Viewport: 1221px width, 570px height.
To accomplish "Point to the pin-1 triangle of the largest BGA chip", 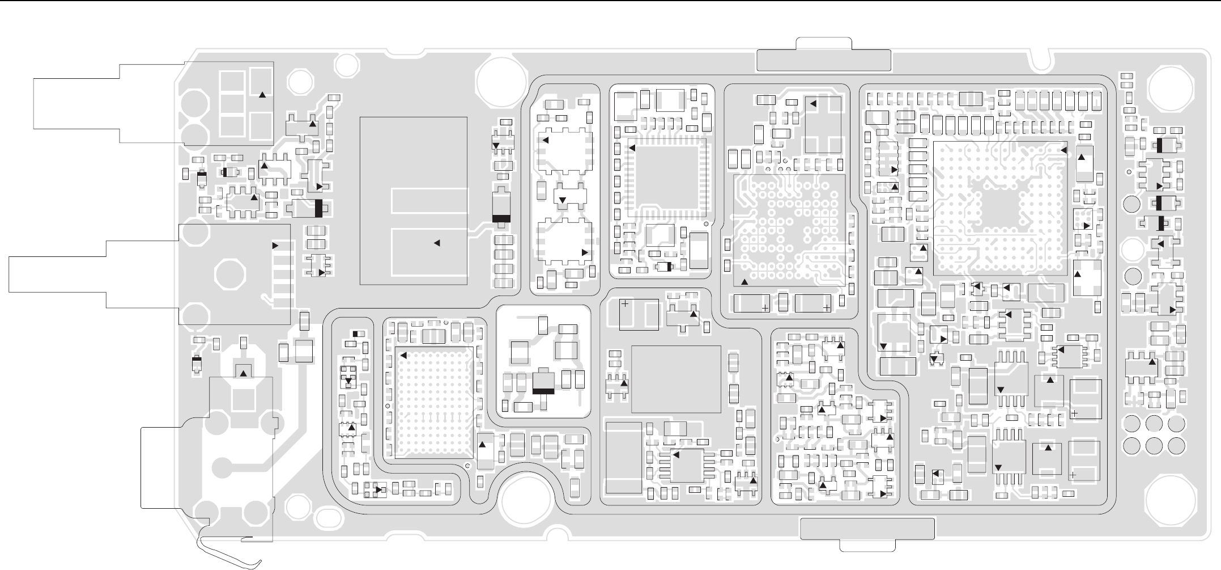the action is pos(1063,150).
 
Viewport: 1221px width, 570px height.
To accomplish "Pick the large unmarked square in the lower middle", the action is pos(676,379).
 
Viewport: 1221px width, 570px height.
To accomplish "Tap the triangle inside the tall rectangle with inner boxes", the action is pos(437,243).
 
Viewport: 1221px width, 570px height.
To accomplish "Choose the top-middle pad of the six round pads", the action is pos(1154,423).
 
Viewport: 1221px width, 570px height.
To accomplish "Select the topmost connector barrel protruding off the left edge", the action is pos(76,103).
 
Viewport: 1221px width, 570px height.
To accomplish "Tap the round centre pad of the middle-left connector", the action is pos(231,275).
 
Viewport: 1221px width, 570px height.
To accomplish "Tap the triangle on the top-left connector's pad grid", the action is pos(262,95).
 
